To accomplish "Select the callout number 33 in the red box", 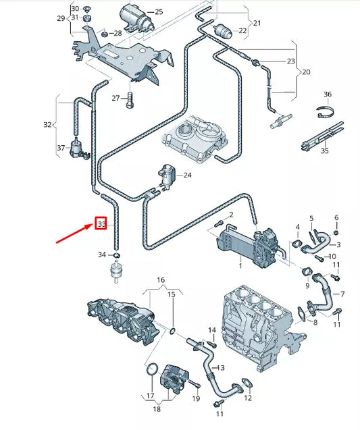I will (101, 223).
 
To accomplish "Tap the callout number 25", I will (159, 11).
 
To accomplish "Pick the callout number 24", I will (187, 176).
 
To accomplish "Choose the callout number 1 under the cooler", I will (239, 265).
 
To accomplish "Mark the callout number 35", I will (325, 151).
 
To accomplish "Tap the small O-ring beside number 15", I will (174, 331).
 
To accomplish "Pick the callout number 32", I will (47, 125).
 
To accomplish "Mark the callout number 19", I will (196, 398).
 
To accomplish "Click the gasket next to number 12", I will (247, 383).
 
